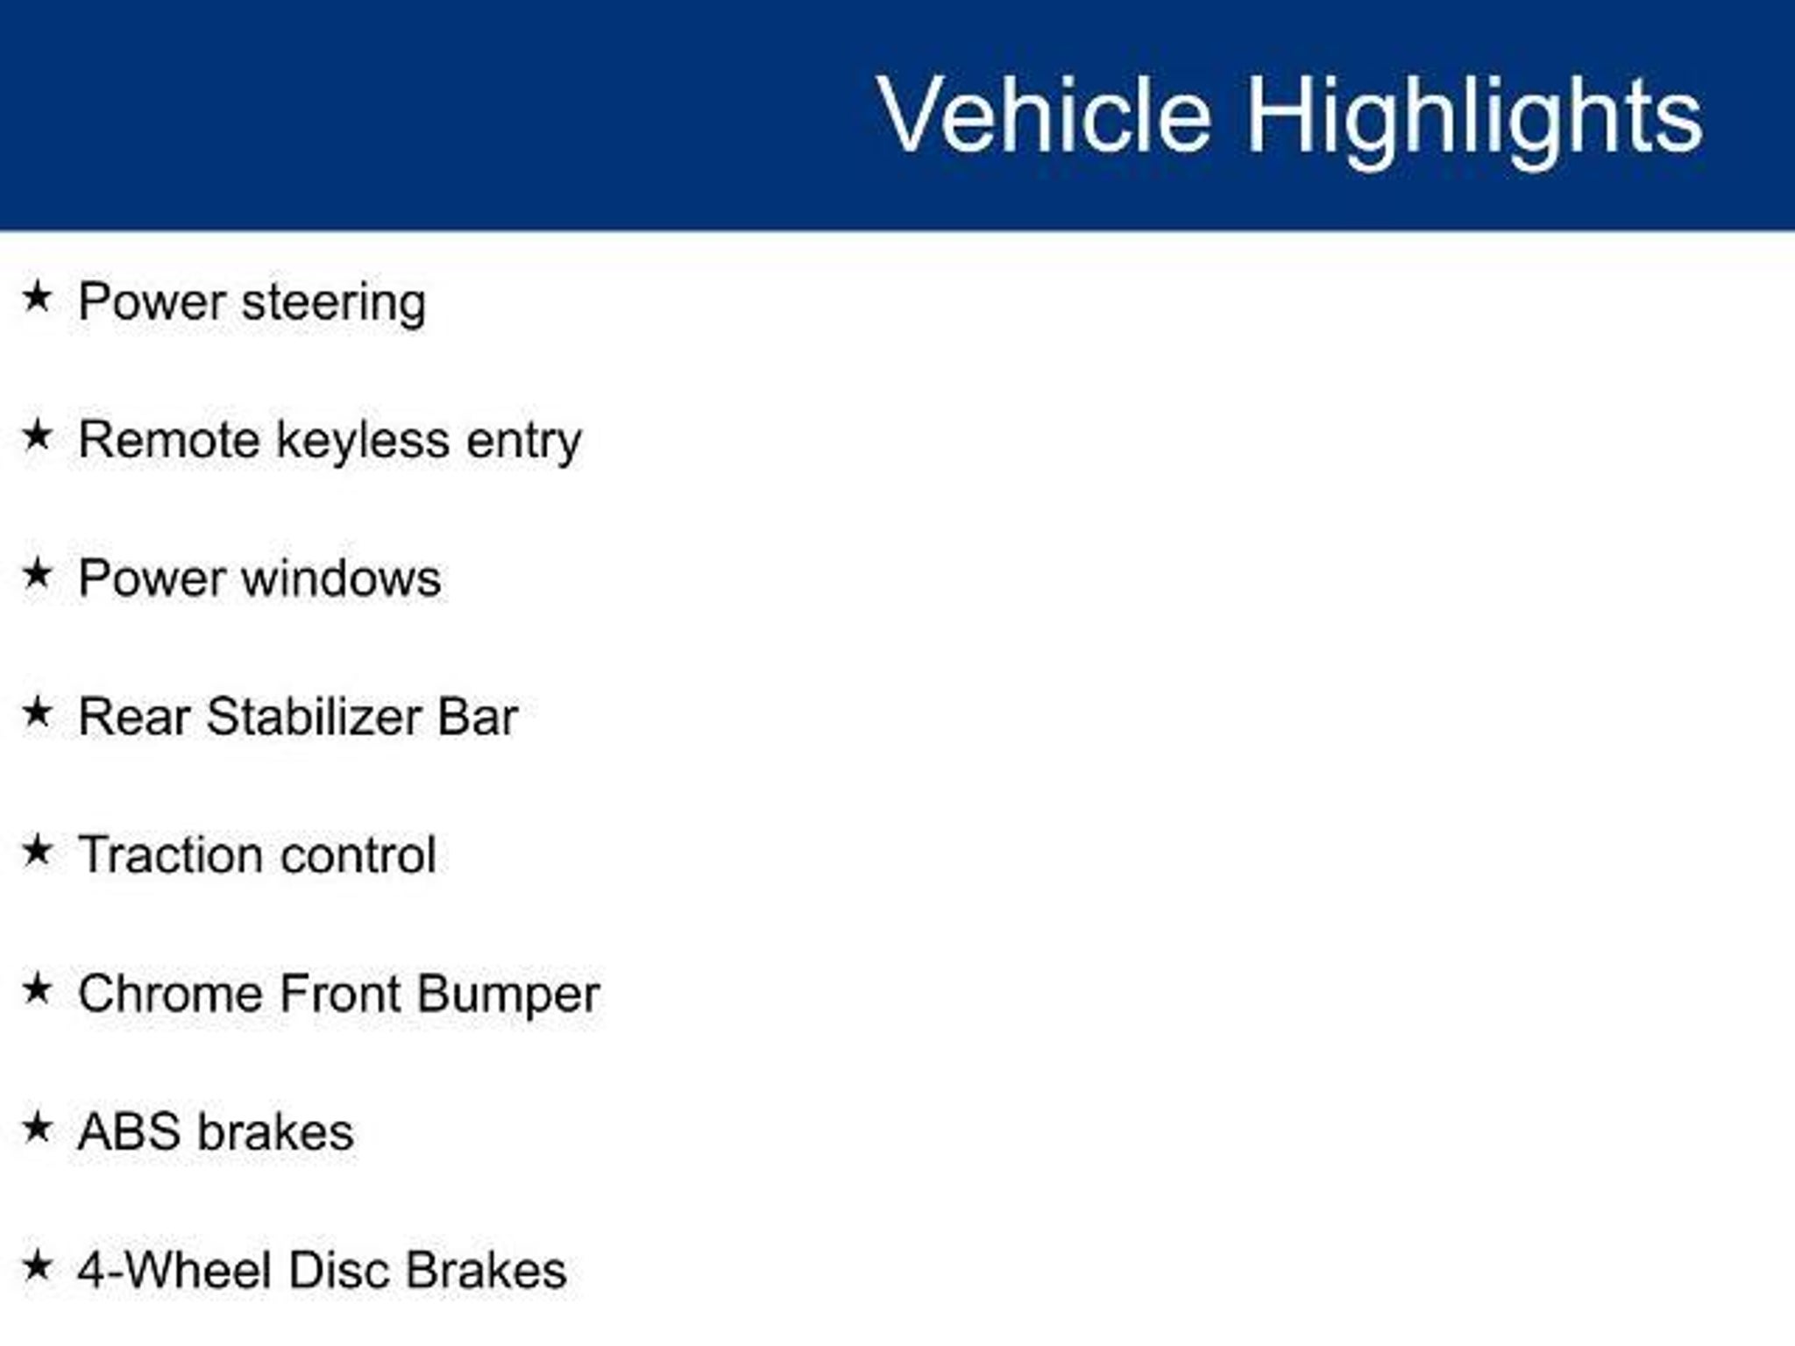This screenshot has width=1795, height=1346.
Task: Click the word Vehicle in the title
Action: point(1044,115)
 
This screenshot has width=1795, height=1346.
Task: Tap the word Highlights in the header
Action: point(1475,120)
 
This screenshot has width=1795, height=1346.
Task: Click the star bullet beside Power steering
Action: point(37,296)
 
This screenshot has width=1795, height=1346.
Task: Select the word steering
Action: point(334,304)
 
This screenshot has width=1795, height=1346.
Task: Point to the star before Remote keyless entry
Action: point(37,435)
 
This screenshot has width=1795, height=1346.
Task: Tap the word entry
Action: point(524,442)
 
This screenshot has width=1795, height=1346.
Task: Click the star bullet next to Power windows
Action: point(37,573)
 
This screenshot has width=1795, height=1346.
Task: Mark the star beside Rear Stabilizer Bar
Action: point(37,712)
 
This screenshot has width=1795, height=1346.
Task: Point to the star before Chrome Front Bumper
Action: point(37,988)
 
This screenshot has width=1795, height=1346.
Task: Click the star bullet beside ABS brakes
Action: point(37,1127)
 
